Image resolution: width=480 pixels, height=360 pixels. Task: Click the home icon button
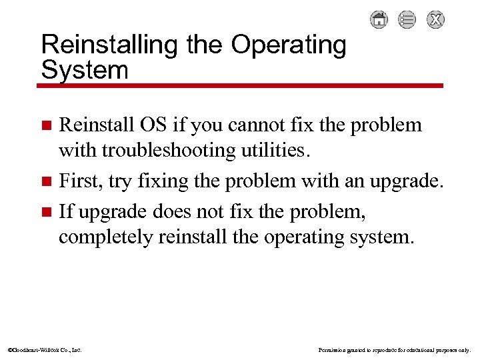379,19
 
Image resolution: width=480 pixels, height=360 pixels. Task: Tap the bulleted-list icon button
407,19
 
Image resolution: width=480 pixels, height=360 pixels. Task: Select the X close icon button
435,19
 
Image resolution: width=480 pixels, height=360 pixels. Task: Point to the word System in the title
84,69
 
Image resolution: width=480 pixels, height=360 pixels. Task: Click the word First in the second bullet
81,181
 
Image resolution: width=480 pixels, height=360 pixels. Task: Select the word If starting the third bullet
66,212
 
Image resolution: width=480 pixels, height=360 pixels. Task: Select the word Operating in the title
289,46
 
